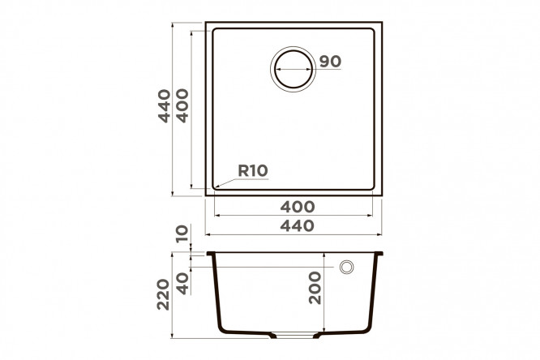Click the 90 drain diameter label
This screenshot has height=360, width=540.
point(330,62)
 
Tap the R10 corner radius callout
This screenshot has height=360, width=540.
point(253,170)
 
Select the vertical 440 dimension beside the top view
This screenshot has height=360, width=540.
point(165,105)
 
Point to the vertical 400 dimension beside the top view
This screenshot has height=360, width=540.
point(182,105)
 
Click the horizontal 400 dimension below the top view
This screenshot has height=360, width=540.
point(298,207)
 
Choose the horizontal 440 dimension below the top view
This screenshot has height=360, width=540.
point(298,226)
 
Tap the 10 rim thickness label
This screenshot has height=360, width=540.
point(182,234)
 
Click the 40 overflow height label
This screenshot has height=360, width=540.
point(182,284)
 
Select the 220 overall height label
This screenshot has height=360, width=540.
point(164,294)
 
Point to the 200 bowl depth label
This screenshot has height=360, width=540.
point(315,288)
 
